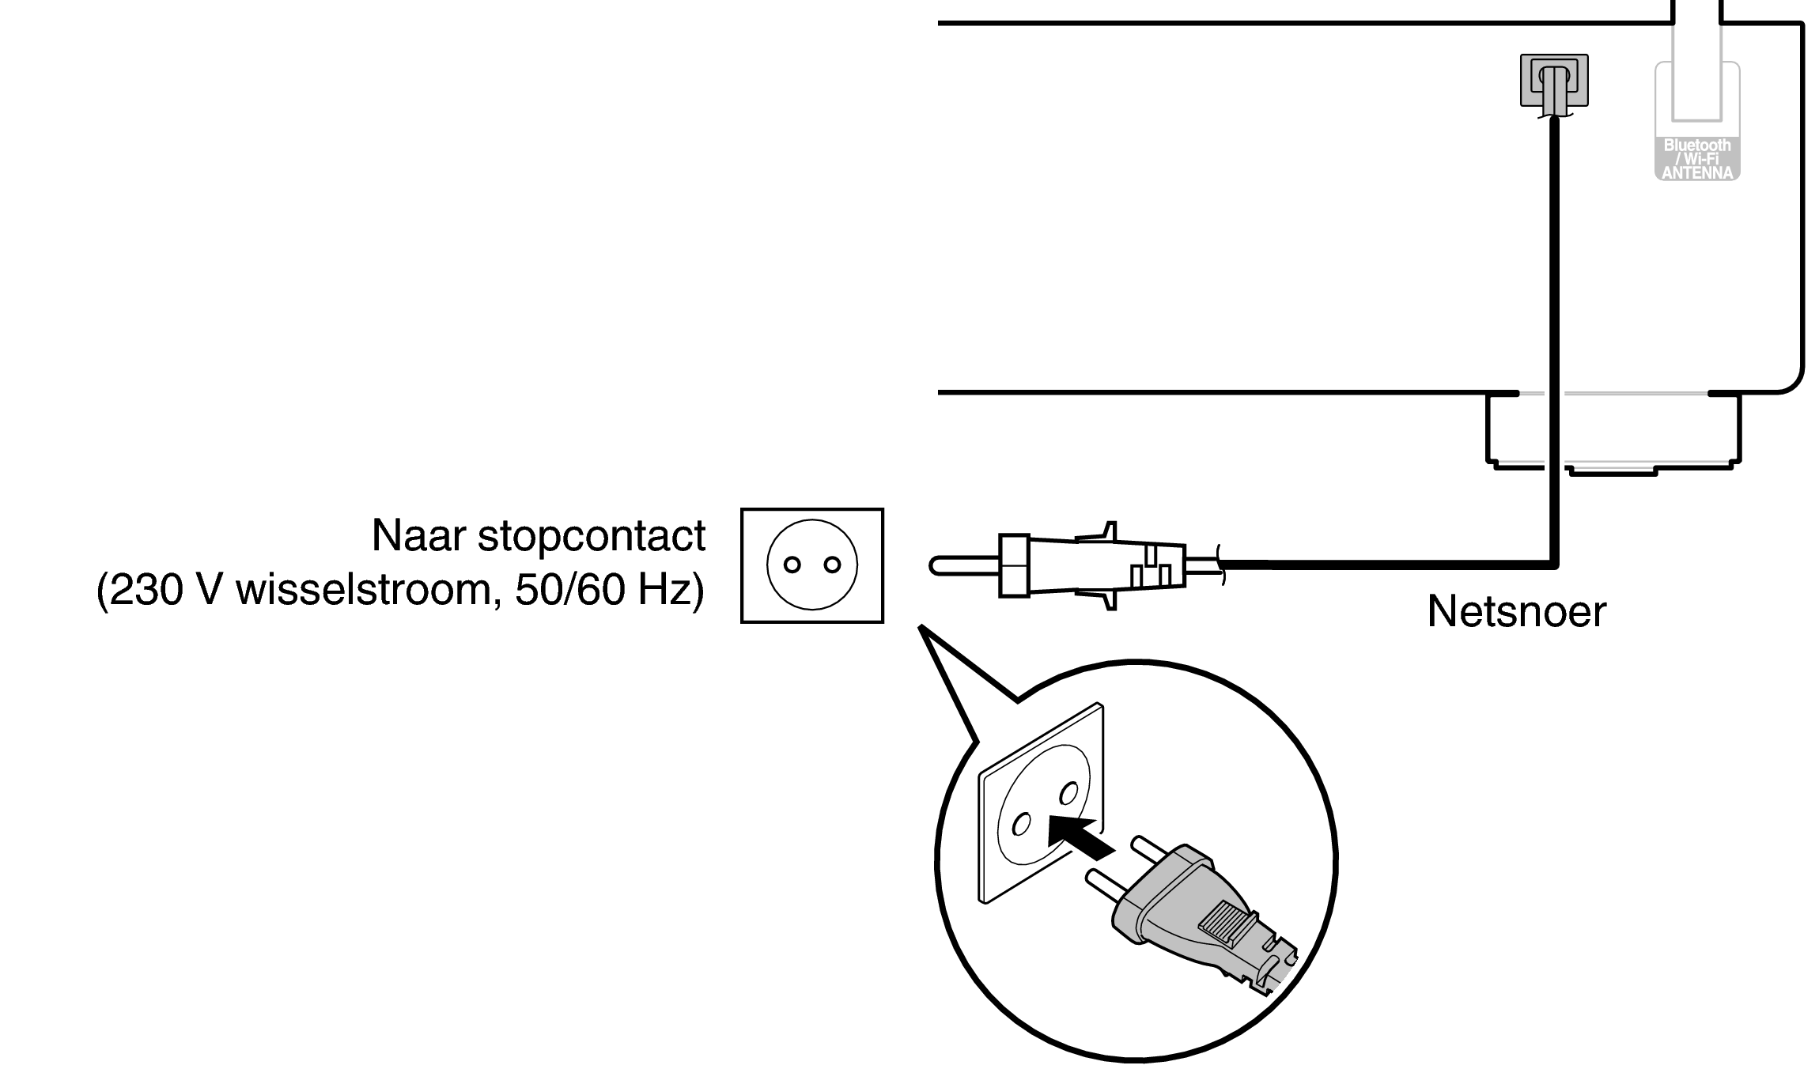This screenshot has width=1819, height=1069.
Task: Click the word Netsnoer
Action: point(1516,611)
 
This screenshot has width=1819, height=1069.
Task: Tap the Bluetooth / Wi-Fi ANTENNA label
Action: point(1697,159)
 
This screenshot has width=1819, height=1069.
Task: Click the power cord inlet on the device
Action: point(1554,81)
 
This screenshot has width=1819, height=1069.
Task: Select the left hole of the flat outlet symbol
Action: point(792,565)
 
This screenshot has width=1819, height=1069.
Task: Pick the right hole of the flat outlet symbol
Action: point(831,565)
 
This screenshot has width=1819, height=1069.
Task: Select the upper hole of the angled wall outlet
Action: point(1069,792)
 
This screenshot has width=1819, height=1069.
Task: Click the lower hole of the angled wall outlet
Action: point(1021,825)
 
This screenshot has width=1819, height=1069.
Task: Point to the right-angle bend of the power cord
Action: point(1553,564)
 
